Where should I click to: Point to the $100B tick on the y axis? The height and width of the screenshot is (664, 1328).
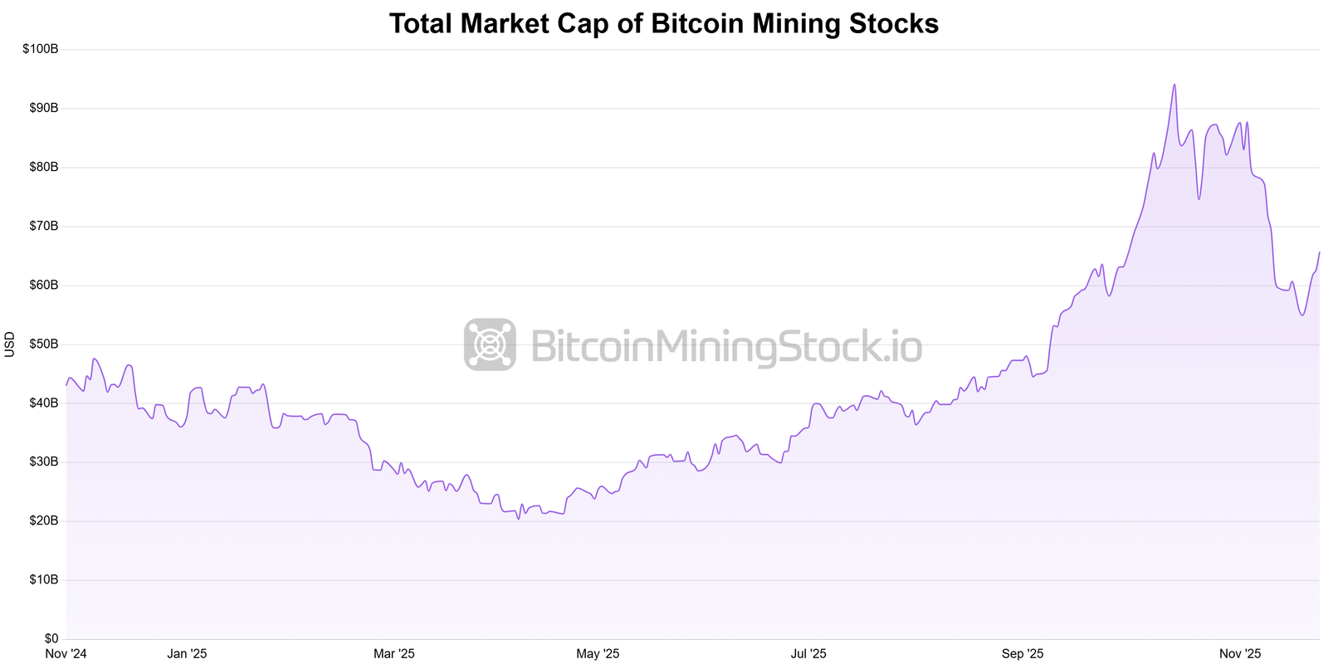click(41, 49)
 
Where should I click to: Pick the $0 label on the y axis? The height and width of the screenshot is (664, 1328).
click(51, 638)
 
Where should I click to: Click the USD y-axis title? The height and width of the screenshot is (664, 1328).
click(10, 344)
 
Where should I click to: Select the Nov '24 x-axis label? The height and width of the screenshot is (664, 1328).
click(66, 654)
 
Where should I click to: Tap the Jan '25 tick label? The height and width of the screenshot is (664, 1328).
click(187, 654)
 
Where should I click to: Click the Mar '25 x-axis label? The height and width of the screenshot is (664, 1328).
click(393, 654)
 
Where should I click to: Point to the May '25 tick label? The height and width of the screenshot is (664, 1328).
click(598, 654)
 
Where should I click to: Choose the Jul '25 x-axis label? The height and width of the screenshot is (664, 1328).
click(808, 654)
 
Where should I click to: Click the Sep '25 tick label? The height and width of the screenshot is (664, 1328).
click(1023, 654)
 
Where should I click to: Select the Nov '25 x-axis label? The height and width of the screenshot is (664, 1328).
click(1240, 654)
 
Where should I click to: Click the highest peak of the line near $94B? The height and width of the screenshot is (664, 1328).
click(1174, 85)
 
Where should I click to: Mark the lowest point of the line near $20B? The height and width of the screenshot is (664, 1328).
click(518, 519)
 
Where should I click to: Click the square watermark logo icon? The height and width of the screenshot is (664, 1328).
click(490, 344)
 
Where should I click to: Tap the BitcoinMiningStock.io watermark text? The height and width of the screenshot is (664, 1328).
click(725, 345)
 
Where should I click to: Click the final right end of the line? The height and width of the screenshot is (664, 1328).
click(1319, 252)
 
